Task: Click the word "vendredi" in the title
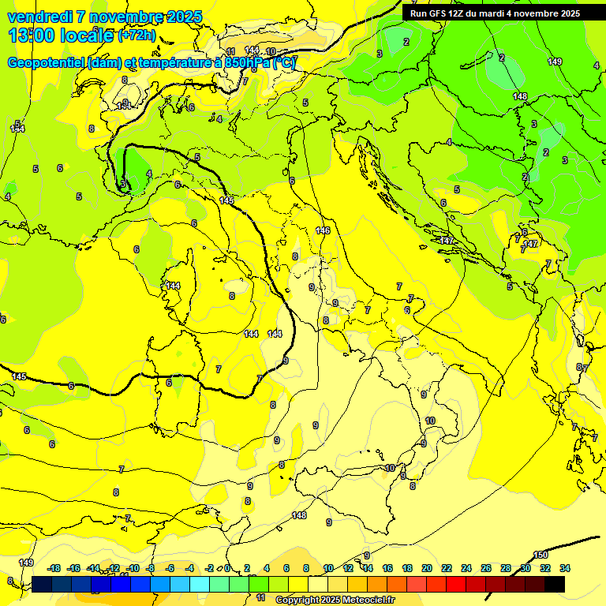click(x=39, y=17)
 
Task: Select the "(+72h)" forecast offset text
click(x=137, y=36)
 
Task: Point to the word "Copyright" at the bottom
click(x=298, y=600)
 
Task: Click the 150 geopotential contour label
click(x=541, y=555)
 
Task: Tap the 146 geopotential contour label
click(x=322, y=230)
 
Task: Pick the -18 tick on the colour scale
click(x=54, y=568)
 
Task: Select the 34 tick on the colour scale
click(x=564, y=568)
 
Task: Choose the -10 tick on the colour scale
click(x=132, y=568)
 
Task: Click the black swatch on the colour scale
click(x=555, y=584)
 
